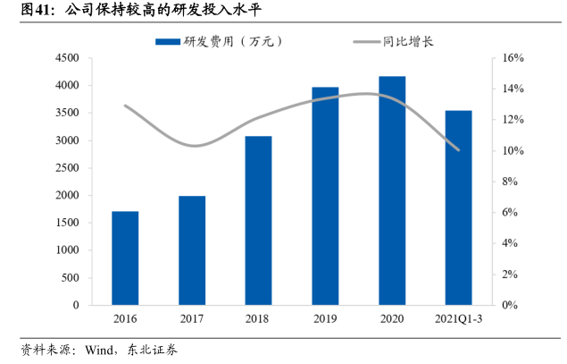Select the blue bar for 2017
[x=192, y=250]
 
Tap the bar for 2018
[x=258, y=220]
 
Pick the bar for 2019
[x=325, y=196]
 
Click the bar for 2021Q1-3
[x=458, y=207]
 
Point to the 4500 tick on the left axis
[x=68, y=58]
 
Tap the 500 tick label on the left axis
[x=71, y=277]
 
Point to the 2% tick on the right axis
[x=510, y=275]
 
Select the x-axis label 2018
[x=258, y=319]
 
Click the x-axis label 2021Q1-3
[x=458, y=319]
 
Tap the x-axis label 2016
[x=125, y=319]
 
